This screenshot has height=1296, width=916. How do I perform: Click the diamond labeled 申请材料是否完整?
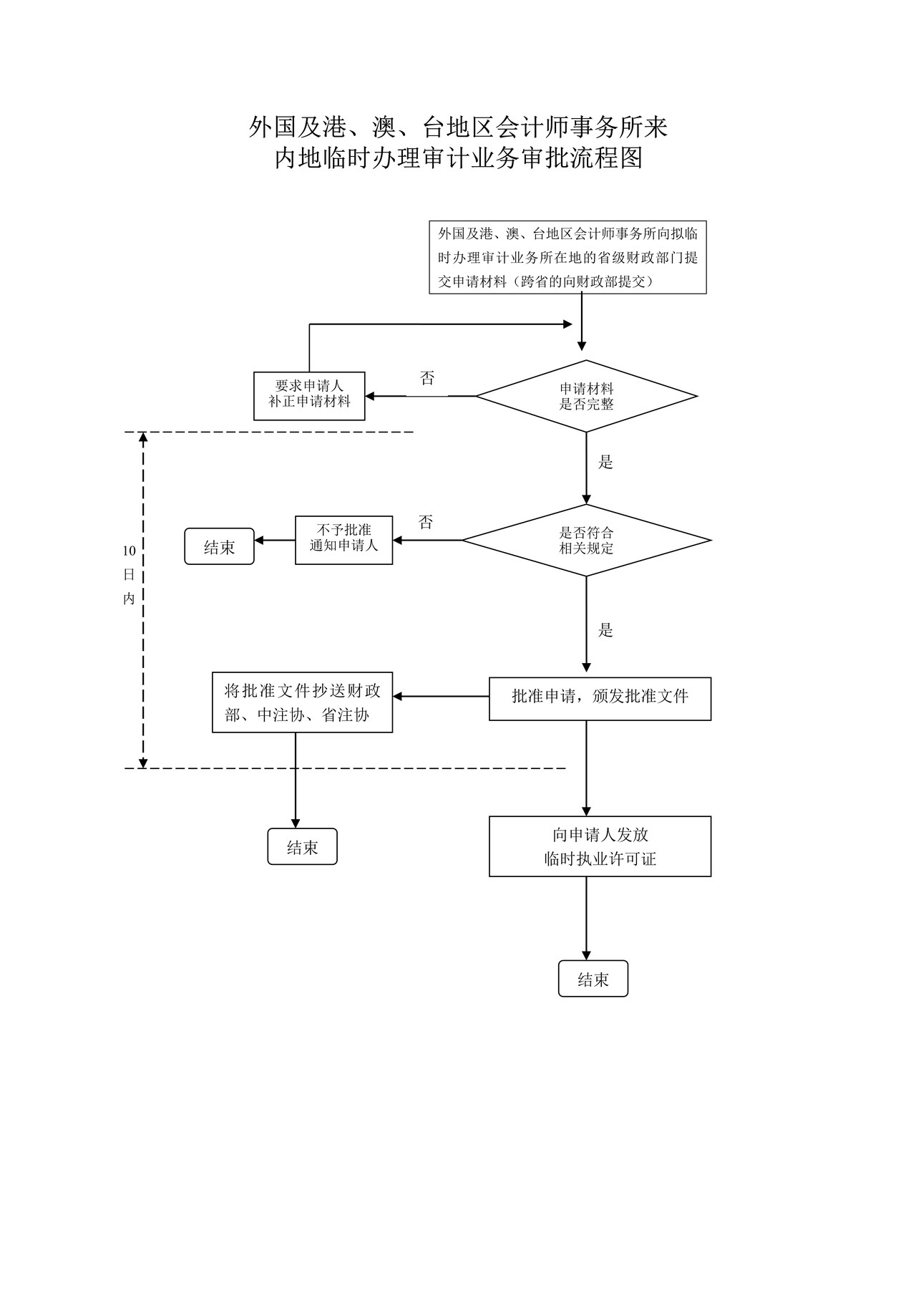coord(586,396)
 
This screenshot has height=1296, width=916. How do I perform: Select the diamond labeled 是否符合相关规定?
coord(586,540)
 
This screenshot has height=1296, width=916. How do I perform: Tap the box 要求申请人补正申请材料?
coord(309,396)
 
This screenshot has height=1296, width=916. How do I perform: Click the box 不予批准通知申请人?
coord(343,540)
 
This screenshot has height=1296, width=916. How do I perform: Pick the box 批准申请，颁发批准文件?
coord(600,698)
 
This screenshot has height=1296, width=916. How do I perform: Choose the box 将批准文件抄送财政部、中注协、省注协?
coord(302,702)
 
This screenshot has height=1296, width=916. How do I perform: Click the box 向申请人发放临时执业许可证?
coord(600,846)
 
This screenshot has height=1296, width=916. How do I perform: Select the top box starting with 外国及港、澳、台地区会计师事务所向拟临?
coord(567,257)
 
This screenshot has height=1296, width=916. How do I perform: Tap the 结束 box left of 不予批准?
coord(219,546)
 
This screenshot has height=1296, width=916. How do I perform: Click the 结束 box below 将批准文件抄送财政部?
coord(302,846)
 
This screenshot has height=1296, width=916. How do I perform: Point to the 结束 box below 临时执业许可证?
coord(593,979)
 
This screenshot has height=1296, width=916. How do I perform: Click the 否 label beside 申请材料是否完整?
coord(427,379)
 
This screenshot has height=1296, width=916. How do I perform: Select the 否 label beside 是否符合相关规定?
coord(426,522)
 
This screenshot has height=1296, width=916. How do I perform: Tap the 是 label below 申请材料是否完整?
coord(605,462)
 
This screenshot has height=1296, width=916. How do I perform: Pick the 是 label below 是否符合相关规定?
coord(605,630)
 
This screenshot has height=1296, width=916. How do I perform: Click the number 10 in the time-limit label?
coord(129,551)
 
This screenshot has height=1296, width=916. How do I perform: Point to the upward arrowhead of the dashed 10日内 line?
coord(143,437)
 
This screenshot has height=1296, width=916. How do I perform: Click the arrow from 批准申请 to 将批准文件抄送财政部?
coord(440,696)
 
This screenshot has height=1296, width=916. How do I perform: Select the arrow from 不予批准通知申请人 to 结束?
coord(275,540)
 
